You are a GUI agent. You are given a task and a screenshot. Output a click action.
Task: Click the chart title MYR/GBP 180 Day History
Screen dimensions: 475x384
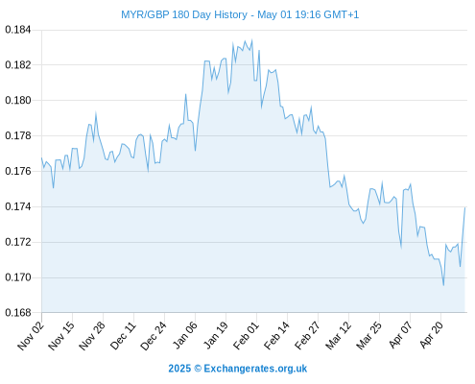[184, 14]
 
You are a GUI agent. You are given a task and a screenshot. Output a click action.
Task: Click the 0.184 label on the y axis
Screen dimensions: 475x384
[18, 30]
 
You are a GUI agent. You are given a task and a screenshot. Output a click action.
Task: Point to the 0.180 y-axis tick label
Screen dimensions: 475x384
[18, 101]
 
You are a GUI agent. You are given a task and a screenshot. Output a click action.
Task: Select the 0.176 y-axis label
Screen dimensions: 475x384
[18, 172]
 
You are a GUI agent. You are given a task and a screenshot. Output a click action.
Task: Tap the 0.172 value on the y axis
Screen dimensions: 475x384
[18, 242]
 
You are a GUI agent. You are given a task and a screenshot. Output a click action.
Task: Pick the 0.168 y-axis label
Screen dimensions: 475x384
[18, 313]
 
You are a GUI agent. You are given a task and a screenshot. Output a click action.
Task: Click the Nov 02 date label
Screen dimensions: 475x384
[31, 336]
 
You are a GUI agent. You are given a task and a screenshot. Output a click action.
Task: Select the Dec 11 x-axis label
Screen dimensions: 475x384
[123, 336]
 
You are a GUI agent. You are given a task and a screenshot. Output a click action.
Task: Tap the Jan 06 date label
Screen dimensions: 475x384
[184, 336]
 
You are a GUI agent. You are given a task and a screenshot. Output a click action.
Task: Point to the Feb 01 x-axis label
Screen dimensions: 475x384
[246, 336]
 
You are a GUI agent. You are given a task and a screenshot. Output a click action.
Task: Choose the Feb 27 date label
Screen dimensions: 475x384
[307, 336]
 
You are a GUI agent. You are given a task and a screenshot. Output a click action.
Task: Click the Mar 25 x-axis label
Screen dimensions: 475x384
[369, 336]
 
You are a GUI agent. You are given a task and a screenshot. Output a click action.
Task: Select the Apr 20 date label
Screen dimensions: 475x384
[431, 336]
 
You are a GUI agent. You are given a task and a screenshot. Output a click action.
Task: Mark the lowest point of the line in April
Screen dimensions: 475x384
[443, 285]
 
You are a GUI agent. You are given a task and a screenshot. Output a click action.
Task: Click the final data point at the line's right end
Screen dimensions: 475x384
[464, 208]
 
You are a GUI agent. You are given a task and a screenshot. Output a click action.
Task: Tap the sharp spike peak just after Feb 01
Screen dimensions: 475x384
[259, 50]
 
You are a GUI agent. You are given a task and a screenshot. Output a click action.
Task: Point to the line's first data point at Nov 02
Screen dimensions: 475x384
[41, 157]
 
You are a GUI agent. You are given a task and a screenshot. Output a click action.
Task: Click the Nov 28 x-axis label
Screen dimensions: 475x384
[92, 336]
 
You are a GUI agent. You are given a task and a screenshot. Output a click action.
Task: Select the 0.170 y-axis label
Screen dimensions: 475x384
[18, 277]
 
